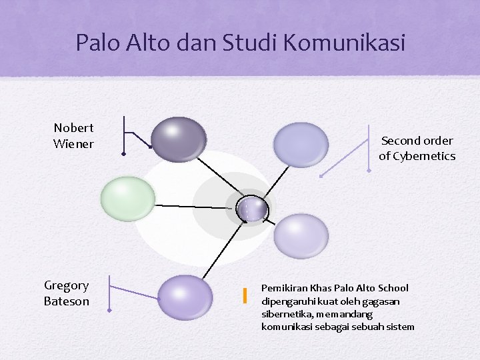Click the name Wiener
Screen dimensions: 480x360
coord(73,143)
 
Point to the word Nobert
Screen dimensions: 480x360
coord(73,127)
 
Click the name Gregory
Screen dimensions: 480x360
coord(66,286)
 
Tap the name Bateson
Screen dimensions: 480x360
coord(66,301)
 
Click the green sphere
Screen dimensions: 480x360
coord(127,198)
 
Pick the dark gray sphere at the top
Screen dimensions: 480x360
coord(178,139)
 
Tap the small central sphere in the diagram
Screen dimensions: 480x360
coord(253,209)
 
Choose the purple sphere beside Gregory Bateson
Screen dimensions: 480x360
coord(185,297)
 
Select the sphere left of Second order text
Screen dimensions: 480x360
coord(301,144)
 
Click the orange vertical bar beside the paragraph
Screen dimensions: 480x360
coord(245,295)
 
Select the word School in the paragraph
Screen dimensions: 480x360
coord(393,288)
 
